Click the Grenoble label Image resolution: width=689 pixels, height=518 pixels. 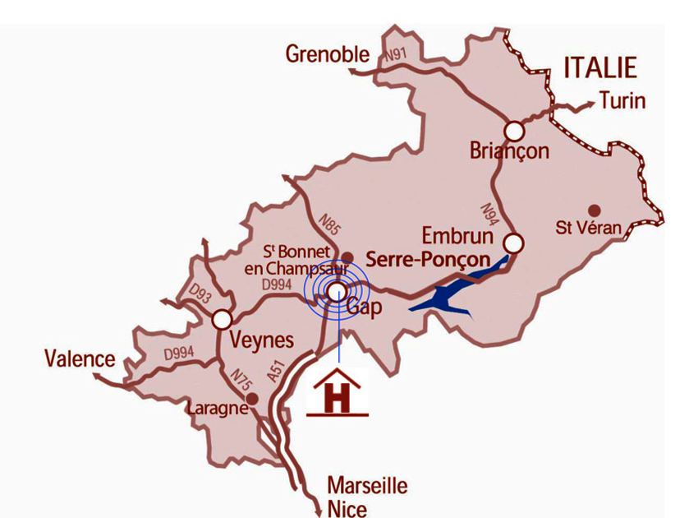click(x=328, y=55)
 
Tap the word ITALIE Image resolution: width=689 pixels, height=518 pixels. click(x=600, y=67)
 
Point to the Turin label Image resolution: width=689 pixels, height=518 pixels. click(x=622, y=101)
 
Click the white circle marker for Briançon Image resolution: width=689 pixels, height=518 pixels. click(x=514, y=131)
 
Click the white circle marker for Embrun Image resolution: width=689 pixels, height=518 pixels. click(x=514, y=243)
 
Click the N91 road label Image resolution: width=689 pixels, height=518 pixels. click(x=397, y=56)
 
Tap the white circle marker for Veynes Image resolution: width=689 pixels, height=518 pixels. click(x=222, y=320)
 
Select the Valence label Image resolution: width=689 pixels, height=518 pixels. click(x=80, y=358)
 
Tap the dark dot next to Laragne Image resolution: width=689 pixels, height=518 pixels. click(x=253, y=399)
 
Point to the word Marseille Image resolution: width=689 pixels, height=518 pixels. click(x=367, y=485)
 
